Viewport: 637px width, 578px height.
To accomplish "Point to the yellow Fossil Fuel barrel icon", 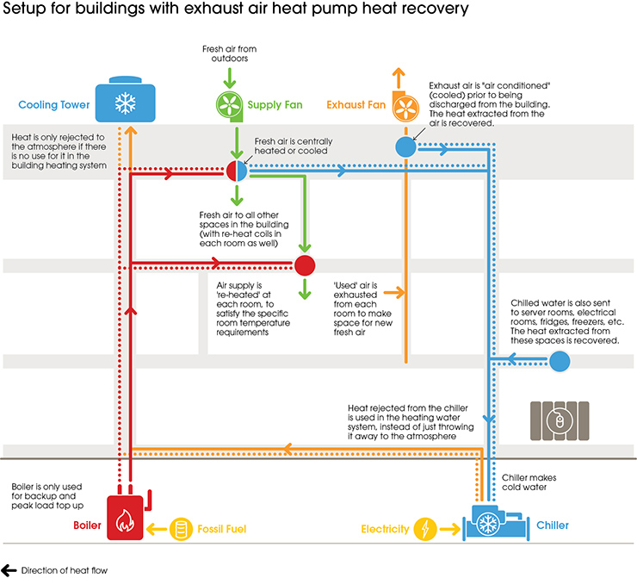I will (x=182, y=527).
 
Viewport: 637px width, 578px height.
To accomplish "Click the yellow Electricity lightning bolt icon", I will (x=426, y=528).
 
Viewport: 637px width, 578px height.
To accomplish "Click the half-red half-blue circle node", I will (x=237, y=170).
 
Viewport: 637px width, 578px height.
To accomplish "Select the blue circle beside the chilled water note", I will (x=560, y=361).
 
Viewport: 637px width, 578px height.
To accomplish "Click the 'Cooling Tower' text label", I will (x=53, y=105).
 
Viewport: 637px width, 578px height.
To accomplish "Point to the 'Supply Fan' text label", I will (x=275, y=105).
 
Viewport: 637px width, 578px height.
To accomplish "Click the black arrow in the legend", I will (x=9, y=569).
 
